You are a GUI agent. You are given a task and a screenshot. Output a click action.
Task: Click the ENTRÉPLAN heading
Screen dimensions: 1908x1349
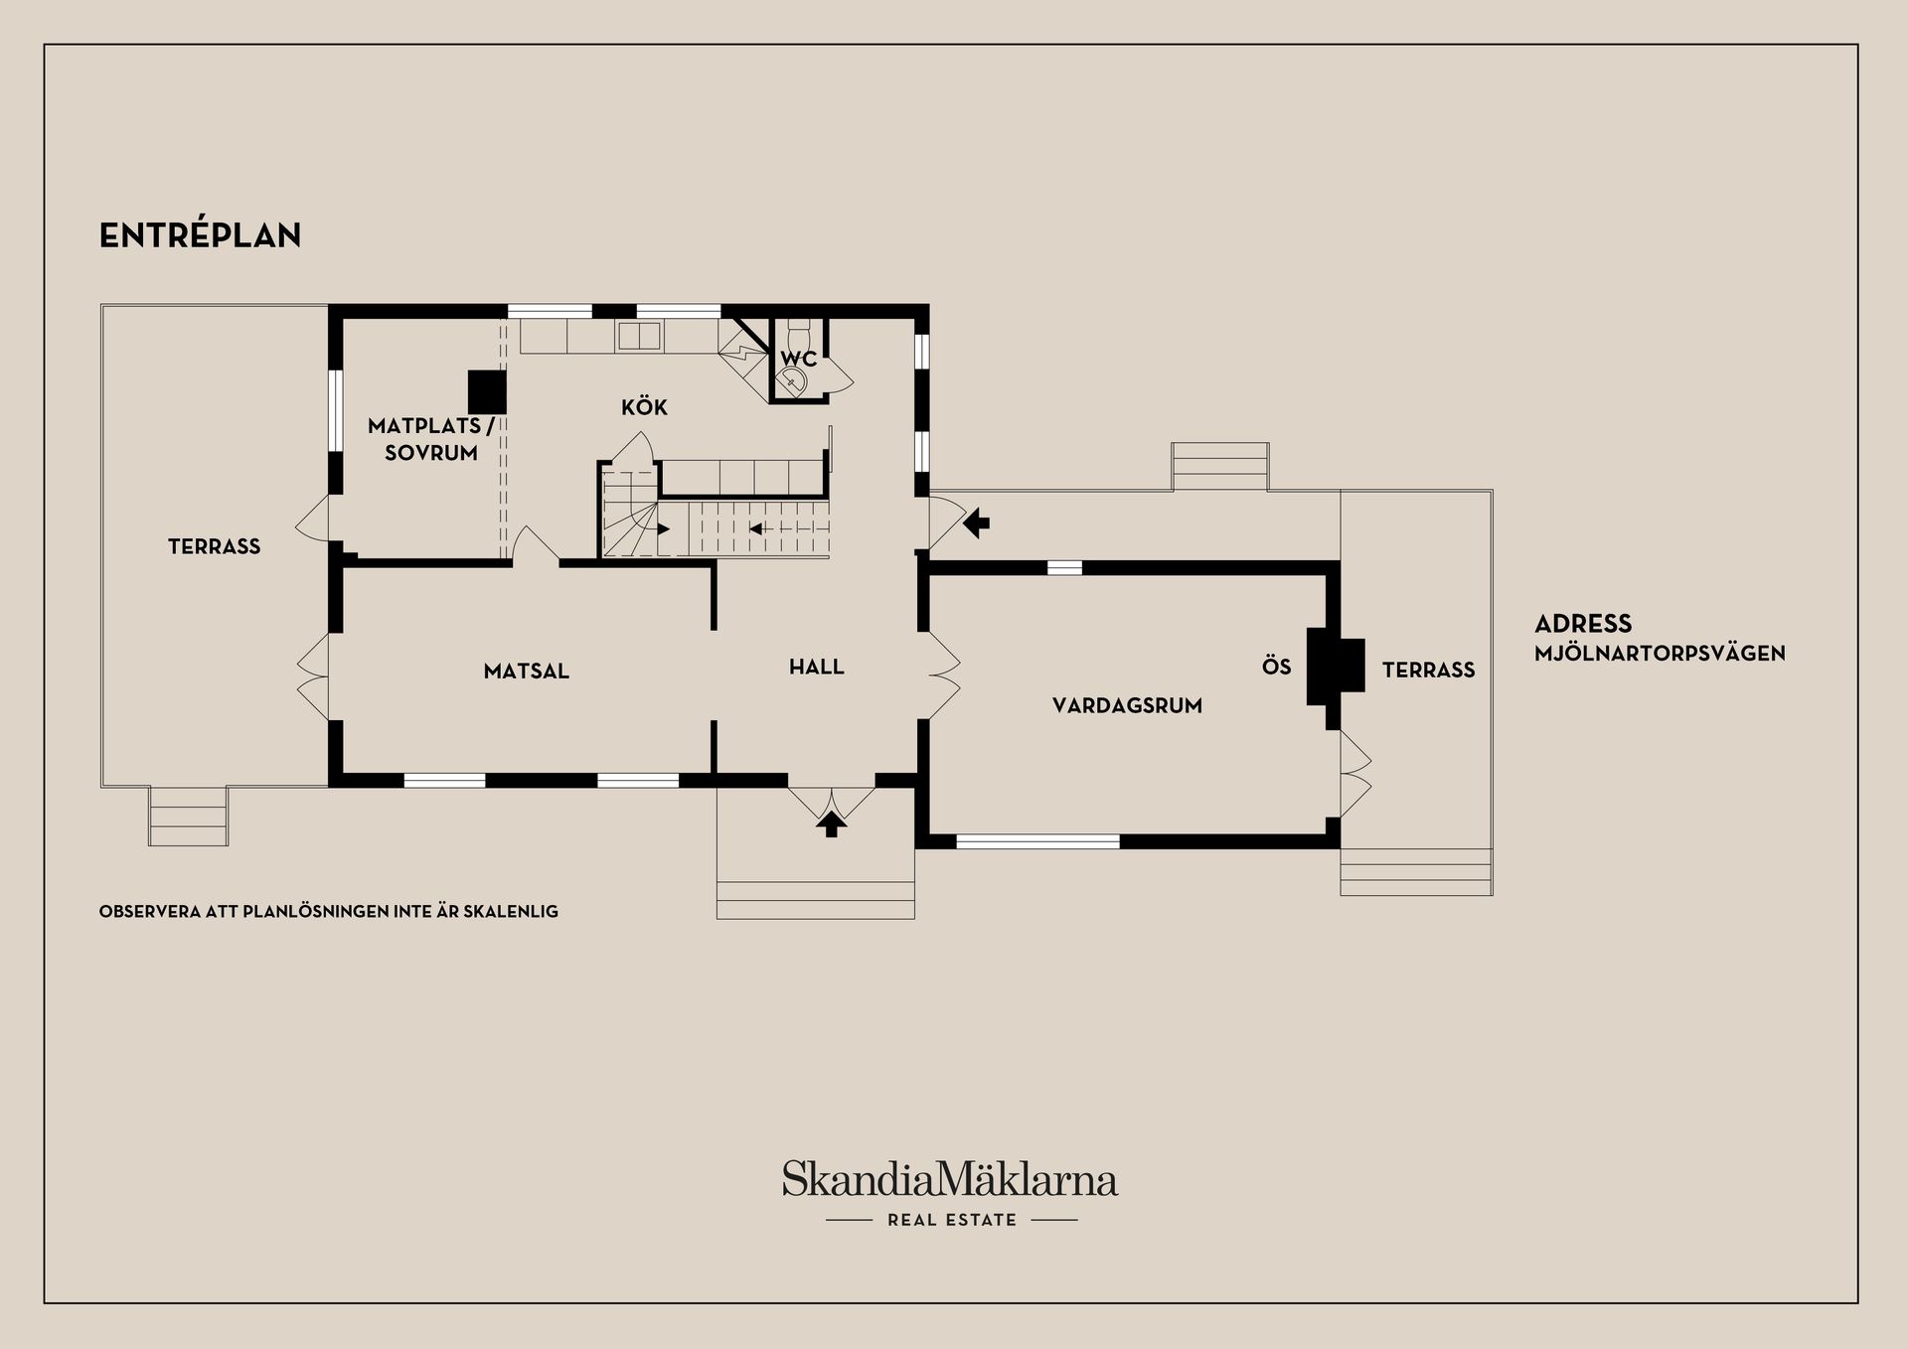pos(200,235)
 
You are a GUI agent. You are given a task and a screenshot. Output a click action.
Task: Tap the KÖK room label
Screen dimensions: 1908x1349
pos(644,406)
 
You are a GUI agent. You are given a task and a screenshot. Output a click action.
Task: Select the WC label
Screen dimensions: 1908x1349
pos(798,359)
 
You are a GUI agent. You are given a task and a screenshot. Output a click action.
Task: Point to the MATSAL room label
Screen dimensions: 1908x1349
pos(527,672)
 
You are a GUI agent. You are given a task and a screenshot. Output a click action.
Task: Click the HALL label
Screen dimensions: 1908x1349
pos(817,668)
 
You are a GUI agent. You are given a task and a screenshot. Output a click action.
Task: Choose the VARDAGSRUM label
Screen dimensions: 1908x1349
pos(1127,706)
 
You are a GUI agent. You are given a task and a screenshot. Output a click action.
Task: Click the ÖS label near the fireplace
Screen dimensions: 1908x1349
pos(1277,667)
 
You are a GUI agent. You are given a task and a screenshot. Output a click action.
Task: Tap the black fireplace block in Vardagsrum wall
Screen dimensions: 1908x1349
pos(1335,667)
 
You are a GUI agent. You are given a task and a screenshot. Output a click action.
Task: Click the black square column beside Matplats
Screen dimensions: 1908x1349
pos(488,391)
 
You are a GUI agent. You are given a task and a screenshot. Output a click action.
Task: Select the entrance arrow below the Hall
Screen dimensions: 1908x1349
pos(832,824)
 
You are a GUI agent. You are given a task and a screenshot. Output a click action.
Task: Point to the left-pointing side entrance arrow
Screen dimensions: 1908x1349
pos(977,523)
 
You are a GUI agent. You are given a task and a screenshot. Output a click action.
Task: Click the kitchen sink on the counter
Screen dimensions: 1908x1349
pos(638,337)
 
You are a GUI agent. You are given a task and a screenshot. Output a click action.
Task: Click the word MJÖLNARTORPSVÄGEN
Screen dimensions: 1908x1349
pos(1660,654)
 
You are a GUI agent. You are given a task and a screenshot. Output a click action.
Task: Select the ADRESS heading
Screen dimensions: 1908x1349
pos(1583,624)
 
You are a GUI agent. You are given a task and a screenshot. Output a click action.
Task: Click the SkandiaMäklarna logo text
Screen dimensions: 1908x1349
pos(950,1178)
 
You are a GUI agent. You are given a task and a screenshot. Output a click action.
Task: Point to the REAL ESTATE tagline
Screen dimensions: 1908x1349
pos(952,1220)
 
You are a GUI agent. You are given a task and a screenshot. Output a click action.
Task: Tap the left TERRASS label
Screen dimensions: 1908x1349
pos(214,546)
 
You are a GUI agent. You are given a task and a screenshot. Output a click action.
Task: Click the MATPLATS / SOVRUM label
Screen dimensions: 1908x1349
pos(430,440)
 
